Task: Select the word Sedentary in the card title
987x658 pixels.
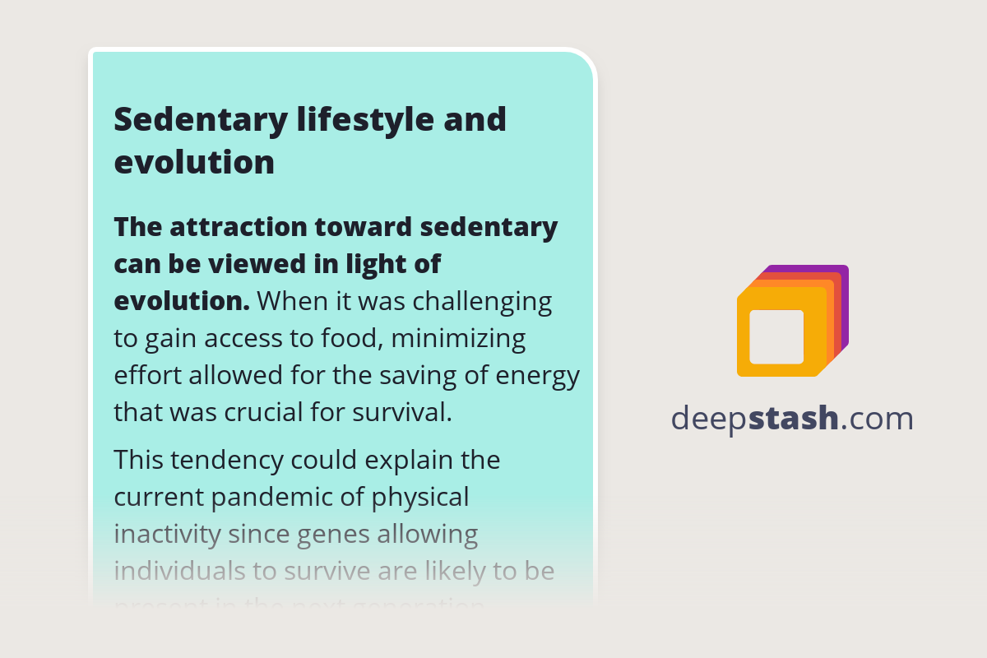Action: point(199,120)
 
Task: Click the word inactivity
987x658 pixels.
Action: point(167,535)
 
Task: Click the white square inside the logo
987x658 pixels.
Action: point(776,336)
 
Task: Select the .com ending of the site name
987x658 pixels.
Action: point(877,419)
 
